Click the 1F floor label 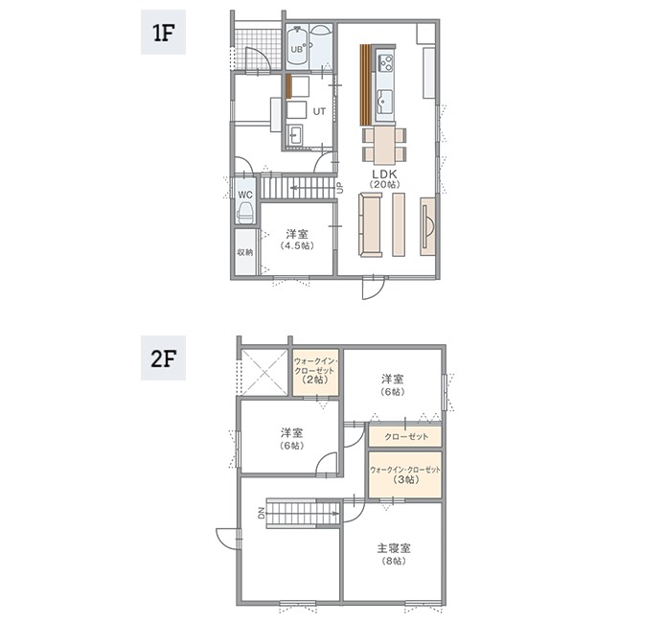click(x=163, y=33)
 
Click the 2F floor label click(x=163, y=358)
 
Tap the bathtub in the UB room click(x=297, y=46)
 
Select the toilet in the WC click(x=245, y=212)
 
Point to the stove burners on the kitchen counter click(x=385, y=62)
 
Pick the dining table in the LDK click(x=384, y=146)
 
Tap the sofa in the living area click(x=371, y=224)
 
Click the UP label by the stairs click(x=339, y=187)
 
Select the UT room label click(x=319, y=111)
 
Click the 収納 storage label click(x=244, y=252)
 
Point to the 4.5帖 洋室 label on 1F click(x=297, y=240)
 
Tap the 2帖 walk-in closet click(x=316, y=372)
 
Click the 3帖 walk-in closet click(x=405, y=474)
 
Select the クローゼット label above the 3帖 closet click(x=406, y=437)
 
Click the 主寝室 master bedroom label click(x=394, y=548)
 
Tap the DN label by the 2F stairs click(x=262, y=514)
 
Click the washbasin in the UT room click(x=295, y=135)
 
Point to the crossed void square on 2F click(x=264, y=373)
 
